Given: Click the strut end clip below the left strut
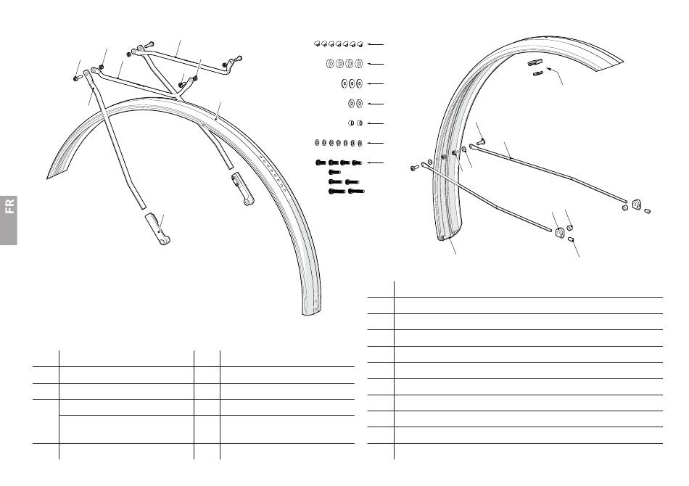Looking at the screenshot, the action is click(157, 228).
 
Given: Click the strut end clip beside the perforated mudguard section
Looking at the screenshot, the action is click(243, 189).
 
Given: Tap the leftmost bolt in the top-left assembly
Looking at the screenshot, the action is click(78, 78).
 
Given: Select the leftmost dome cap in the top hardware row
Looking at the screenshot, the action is click(317, 44).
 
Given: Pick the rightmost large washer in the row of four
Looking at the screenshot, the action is click(359, 64).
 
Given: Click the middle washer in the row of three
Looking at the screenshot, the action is click(352, 83).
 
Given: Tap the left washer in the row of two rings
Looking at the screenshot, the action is click(352, 104).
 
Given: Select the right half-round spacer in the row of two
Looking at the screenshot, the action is click(360, 123).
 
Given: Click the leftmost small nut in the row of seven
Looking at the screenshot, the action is click(317, 143).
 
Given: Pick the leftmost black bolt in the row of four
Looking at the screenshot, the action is click(321, 162).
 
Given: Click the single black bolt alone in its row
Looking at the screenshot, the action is click(334, 172).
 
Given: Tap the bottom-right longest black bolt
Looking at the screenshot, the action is click(356, 191).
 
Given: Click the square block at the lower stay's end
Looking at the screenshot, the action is click(560, 232).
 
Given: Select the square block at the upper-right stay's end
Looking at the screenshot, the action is click(636, 205).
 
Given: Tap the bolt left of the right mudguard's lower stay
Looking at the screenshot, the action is click(414, 168).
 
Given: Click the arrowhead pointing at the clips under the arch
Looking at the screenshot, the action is click(549, 69).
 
